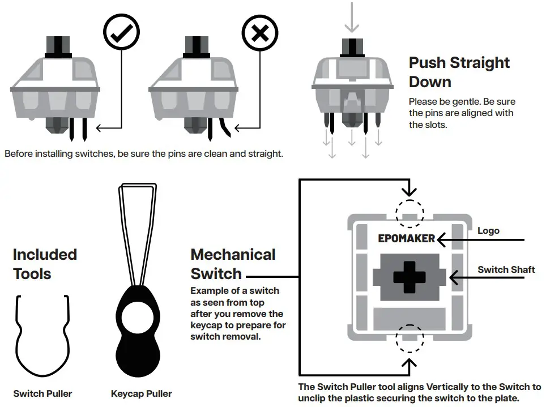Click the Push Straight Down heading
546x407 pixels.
pos(459,72)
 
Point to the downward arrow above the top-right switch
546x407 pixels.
pos(352,17)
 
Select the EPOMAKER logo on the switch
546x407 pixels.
pos(406,238)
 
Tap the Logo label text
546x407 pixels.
pos(488,231)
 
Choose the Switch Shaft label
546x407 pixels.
pos(506,269)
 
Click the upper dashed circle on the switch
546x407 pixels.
pos(409,213)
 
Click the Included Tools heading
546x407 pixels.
pos(45,264)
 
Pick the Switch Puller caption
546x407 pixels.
pos(42,393)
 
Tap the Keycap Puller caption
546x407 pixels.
pos(141,393)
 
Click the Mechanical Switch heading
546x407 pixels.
pos(233,264)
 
